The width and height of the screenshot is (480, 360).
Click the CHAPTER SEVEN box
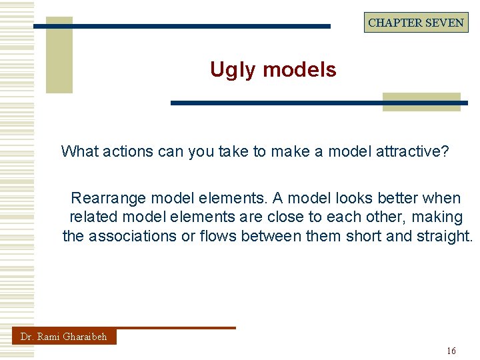point(416,22)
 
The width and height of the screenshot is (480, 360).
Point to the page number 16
point(451,351)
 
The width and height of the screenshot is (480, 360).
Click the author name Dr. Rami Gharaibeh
point(63,337)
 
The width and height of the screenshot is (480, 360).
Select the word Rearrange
point(109,198)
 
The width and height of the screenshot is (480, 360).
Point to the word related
point(93,217)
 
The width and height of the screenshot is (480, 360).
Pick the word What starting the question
point(79,151)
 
